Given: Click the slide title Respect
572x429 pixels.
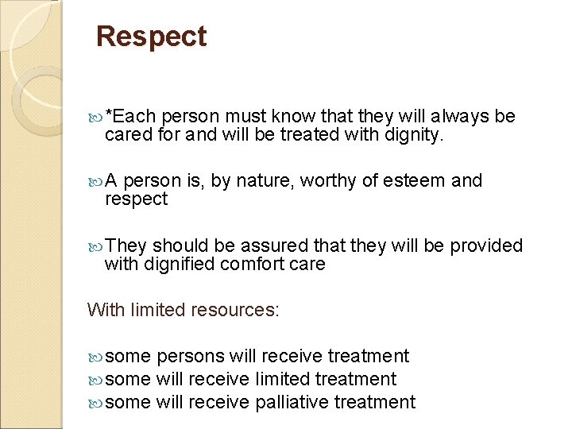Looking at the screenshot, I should coord(151,37).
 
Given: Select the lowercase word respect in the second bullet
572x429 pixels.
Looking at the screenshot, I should coord(136,199).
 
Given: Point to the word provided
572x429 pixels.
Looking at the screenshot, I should coord(486,246).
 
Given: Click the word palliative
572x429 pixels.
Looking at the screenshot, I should coord(292,403).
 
